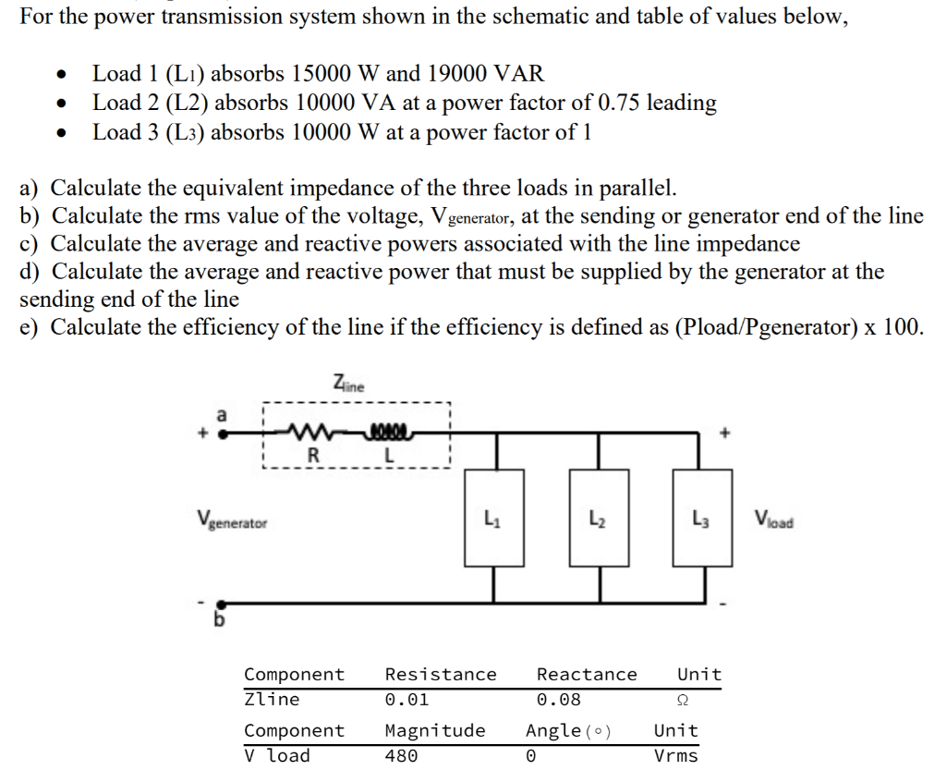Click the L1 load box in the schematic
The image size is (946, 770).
[x=492, y=518]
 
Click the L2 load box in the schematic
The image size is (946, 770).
[x=599, y=518]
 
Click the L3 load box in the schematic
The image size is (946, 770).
[x=703, y=518]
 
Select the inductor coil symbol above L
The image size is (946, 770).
[x=389, y=432]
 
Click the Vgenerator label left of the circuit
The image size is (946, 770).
[x=232, y=521]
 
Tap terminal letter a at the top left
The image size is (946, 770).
[x=220, y=415]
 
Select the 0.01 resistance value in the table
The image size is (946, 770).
[x=406, y=700]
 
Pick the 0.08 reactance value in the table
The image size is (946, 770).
[x=559, y=700]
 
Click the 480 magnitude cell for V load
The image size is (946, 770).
[x=401, y=755]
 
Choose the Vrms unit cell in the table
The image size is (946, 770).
[x=676, y=755]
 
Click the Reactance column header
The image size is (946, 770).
[x=587, y=675]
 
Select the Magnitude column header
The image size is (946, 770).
[x=434, y=730]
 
